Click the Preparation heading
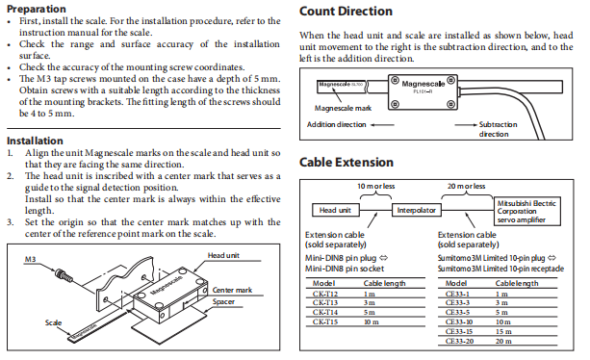tap(37, 9)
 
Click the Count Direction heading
tap(346, 12)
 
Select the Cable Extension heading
tap(346, 162)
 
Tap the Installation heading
tap(35, 141)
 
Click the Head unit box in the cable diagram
tap(336, 210)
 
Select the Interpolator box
tap(416, 210)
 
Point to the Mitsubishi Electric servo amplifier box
tap(526, 212)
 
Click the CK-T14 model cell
tap(325, 312)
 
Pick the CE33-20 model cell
tap(459, 341)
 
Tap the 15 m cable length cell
tap(503, 331)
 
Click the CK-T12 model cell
tap(325, 294)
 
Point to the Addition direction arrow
tap(382, 125)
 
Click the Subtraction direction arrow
tap(466, 124)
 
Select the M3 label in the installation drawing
tap(30, 259)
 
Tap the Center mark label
tap(232, 290)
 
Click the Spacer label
tap(223, 301)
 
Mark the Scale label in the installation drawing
tap(53, 322)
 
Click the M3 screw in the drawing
tap(64, 275)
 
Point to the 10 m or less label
tap(376, 186)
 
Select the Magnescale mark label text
tap(343, 109)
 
